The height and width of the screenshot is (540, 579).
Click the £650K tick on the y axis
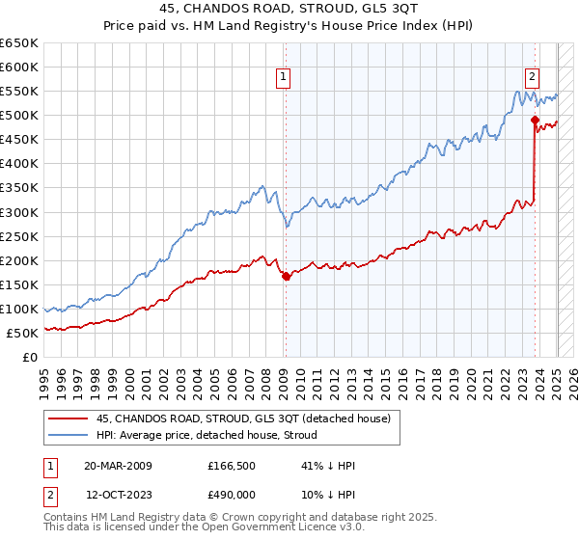click(x=19, y=43)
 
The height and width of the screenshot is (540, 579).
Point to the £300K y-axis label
click(x=19, y=212)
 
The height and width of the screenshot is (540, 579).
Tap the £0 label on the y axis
click(x=31, y=357)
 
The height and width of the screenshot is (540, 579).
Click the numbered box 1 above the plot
click(x=284, y=79)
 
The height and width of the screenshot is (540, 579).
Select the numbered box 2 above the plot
click(x=532, y=79)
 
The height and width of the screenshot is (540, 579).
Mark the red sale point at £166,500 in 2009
click(x=286, y=276)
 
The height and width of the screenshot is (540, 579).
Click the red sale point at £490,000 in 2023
click(x=535, y=120)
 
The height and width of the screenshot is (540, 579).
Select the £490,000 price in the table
click(x=231, y=494)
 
